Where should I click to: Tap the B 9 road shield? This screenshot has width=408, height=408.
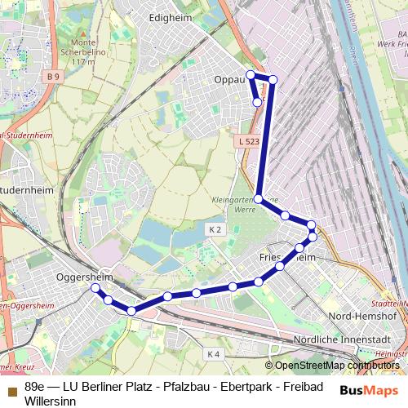54,77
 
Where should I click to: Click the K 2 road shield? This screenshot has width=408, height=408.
215,230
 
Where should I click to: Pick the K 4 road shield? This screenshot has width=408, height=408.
213,353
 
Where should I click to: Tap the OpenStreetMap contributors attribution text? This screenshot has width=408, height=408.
336,366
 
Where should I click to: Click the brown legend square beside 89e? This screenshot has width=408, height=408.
11,386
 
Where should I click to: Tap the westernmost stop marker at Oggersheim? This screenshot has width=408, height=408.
95,288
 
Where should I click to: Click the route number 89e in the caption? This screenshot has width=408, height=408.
35,386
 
